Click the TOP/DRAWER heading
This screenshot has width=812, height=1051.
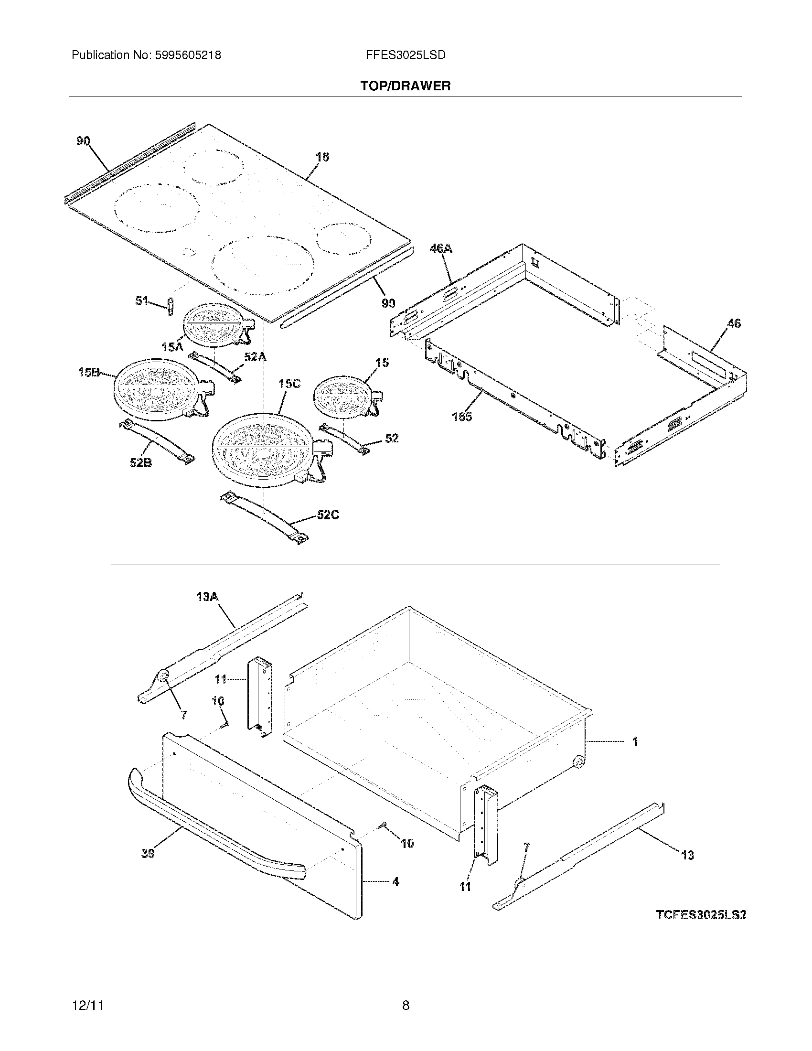[406, 86]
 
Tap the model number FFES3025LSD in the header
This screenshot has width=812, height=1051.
[406, 55]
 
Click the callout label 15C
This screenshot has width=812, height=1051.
[289, 384]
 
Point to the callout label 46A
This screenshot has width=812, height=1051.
[441, 248]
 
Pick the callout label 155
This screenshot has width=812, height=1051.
[462, 417]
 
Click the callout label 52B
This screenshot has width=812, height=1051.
[141, 463]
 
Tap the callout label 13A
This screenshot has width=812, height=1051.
[208, 597]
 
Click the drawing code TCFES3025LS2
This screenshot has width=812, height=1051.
[701, 914]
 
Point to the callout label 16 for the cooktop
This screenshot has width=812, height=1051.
[322, 157]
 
